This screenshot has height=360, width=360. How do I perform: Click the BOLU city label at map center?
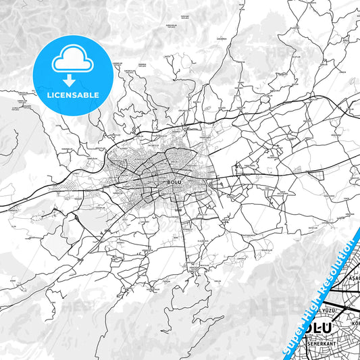[x=174, y=181]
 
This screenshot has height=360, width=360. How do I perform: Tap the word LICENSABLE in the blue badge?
[x=72, y=95]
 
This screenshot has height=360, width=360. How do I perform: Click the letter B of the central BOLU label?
[x=168, y=181]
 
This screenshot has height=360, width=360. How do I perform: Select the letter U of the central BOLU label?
[x=181, y=181]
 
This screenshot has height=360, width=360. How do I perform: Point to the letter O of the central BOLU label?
[x=172, y=181]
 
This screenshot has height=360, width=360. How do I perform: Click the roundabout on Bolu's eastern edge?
[x=212, y=182]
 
